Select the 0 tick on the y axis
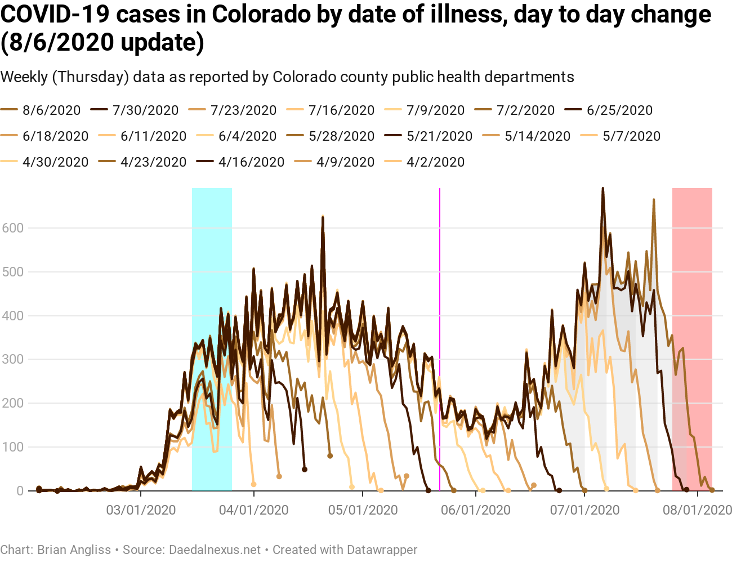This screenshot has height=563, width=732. (20, 491)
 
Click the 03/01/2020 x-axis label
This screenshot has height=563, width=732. (141, 510)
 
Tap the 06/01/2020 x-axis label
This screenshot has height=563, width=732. (476, 510)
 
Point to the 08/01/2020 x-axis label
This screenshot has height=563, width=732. (698, 510)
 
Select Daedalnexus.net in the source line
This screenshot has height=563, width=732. (215, 549)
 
